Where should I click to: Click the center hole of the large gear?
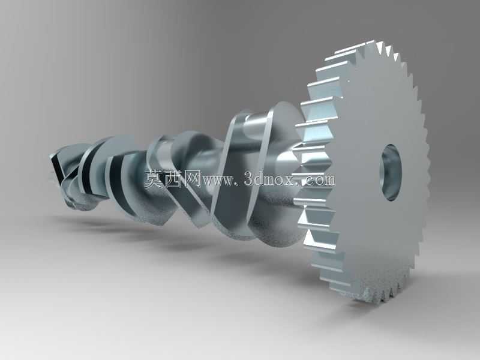(391, 172)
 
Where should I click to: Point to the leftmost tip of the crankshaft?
(50, 157)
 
